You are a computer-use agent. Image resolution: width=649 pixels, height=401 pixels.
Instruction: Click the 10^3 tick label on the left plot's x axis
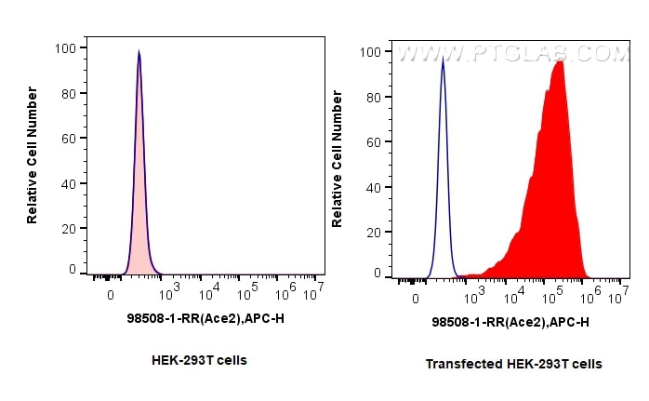169,295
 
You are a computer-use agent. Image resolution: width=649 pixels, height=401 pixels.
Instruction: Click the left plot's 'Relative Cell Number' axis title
33,155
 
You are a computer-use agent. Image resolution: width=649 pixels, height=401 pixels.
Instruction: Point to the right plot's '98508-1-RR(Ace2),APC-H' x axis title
510,322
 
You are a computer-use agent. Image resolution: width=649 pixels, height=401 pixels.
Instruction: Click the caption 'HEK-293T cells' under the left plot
199,360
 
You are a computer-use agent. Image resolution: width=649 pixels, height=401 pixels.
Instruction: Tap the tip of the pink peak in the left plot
139,52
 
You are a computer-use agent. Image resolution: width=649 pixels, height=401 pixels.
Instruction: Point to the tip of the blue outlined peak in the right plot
443,60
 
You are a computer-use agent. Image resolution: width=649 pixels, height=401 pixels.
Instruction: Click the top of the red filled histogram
559,62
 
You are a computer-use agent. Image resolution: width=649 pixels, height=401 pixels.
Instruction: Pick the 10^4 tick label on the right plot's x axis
514,299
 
